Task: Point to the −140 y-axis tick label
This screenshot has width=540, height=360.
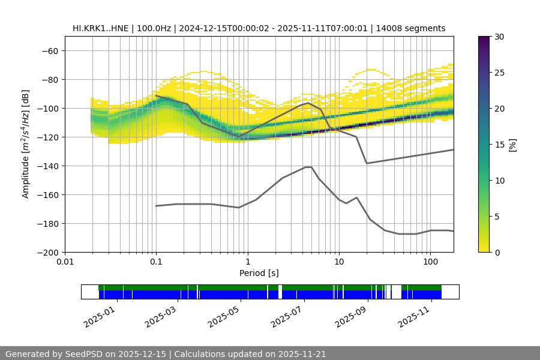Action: tap(47, 166)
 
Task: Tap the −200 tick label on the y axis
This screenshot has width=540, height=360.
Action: tap(47, 253)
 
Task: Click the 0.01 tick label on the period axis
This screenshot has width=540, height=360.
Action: tap(65, 262)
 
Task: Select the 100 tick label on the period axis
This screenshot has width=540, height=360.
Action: tap(430, 262)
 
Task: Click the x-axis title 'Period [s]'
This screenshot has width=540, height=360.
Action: tap(259, 273)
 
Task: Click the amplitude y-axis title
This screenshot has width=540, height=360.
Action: tap(26, 144)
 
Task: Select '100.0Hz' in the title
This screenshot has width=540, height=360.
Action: tap(153, 28)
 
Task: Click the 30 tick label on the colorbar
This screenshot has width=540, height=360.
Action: tap(499, 37)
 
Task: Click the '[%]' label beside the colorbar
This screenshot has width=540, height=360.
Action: tap(512, 145)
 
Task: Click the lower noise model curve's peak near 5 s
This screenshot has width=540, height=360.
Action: tap(308, 167)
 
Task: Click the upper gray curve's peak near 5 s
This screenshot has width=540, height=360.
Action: tap(308, 103)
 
